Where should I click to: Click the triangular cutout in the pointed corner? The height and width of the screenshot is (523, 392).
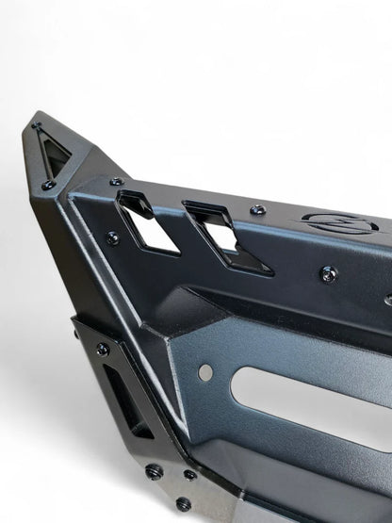click(x=53, y=151)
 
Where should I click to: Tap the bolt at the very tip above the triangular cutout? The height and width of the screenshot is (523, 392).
click(x=38, y=128)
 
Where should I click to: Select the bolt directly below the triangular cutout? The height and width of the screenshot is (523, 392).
click(x=47, y=185)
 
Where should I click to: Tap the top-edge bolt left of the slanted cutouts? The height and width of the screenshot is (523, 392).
click(x=116, y=181)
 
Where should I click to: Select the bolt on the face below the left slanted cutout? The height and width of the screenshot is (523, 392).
click(x=111, y=238)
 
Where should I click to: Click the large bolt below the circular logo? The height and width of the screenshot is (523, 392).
click(x=328, y=273)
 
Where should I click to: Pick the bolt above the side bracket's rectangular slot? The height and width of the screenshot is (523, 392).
click(x=102, y=350)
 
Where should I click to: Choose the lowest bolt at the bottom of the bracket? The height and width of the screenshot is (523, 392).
click(x=183, y=504)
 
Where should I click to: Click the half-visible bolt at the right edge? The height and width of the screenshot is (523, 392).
click(x=388, y=300)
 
